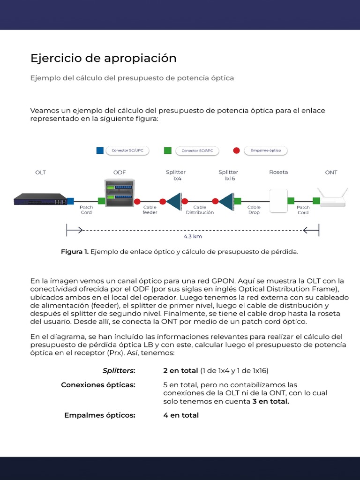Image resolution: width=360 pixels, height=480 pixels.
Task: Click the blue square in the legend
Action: [99, 150]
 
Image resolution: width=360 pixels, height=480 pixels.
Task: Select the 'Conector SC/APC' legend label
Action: [197, 151]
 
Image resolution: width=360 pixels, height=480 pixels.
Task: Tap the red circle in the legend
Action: [236, 150]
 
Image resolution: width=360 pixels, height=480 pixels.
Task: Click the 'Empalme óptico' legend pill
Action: [265, 150]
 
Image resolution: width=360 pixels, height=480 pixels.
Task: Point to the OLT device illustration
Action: [40, 199]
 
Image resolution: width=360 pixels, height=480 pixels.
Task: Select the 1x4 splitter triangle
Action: [174, 201]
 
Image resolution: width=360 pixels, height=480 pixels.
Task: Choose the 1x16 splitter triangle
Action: [227, 201]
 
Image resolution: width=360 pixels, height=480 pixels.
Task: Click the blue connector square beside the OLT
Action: [70, 201]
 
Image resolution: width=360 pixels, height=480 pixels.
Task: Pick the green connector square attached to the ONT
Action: [316, 201]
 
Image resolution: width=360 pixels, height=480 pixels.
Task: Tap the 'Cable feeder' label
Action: [150, 210]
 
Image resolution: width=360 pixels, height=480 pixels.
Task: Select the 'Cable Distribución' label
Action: [200, 210]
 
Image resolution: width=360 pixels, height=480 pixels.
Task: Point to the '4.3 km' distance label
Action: [193, 237]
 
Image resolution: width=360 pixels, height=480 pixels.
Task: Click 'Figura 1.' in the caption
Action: [75, 252]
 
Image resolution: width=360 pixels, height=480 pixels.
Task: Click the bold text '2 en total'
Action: [180, 371]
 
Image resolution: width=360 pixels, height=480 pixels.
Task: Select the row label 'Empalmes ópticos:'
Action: [99, 415]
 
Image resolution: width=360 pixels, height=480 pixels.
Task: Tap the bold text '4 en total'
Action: [181, 415]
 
